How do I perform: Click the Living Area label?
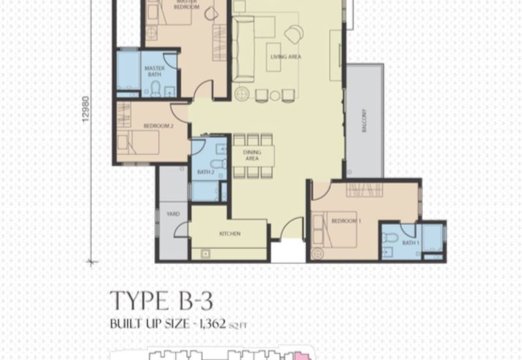(x=285, y=57)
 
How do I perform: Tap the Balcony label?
(x=364, y=121)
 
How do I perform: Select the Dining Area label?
(x=251, y=155)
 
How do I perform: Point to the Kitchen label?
(x=230, y=233)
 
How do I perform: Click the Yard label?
(x=173, y=214)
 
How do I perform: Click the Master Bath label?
(x=153, y=71)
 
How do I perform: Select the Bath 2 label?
(x=206, y=172)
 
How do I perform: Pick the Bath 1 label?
(x=410, y=243)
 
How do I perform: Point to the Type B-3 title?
(x=161, y=302)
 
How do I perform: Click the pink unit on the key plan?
(x=301, y=356)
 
